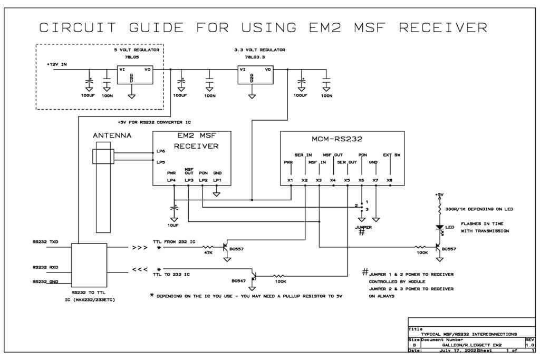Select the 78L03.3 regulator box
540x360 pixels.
(x=255, y=75)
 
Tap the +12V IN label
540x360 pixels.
(x=57, y=64)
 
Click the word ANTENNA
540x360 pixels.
(x=112, y=135)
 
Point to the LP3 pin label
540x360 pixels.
(x=189, y=181)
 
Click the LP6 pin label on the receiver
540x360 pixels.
(x=161, y=151)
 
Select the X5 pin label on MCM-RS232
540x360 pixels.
(x=347, y=181)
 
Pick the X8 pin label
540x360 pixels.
(x=390, y=181)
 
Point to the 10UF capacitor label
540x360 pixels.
(x=173, y=225)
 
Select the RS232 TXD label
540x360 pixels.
(x=45, y=242)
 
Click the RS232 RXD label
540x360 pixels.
(x=45, y=267)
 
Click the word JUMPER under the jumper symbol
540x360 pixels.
(x=363, y=227)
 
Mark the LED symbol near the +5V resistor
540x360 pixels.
(x=439, y=227)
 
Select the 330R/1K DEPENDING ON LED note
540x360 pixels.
(x=479, y=209)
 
